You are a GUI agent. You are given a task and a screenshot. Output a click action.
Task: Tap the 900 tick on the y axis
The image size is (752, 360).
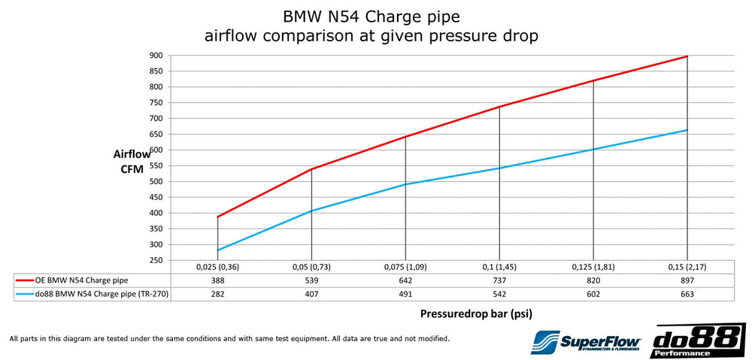(x=156, y=56)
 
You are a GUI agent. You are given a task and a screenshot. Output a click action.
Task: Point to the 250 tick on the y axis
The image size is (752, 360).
(x=156, y=260)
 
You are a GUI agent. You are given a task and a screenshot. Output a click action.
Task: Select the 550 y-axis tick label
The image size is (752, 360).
(x=156, y=165)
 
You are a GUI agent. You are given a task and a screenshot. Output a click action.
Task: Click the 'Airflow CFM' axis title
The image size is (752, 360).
(x=132, y=162)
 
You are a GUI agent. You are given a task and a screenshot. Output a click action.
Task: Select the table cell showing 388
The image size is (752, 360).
(x=217, y=279)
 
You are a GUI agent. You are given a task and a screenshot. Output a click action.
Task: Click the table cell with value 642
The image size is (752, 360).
(x=405, y=279)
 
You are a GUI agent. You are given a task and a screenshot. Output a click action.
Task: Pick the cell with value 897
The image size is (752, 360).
(x=687, y=279)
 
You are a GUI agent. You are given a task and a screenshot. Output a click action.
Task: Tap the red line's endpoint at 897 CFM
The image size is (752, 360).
(x=687, y=56)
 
